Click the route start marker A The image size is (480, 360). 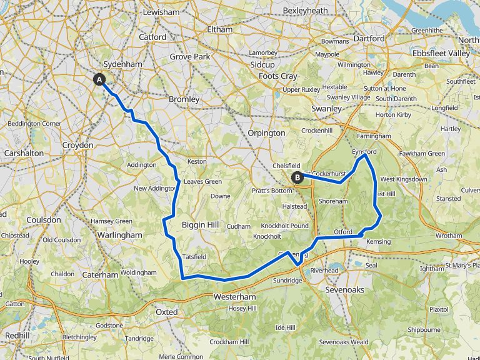coord(99,79)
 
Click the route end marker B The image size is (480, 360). coord(298,177)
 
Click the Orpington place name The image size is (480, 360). coord(267,132)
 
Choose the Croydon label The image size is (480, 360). coord(77,145)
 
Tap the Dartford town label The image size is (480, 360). coord(369,38)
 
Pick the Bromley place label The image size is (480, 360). coord(184,99)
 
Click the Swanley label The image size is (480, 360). coord(326,109)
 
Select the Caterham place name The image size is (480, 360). coord(100,274)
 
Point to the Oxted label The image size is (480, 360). coord(167,311)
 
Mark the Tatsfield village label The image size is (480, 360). coord(194,257)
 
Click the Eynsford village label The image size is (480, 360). coord(364,152)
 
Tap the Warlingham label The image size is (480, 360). coord(121,234)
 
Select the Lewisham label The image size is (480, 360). coord(161,12)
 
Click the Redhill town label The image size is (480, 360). coord(17,336)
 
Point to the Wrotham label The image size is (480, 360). coord(449,236)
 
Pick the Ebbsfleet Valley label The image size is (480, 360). coord(441,54)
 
